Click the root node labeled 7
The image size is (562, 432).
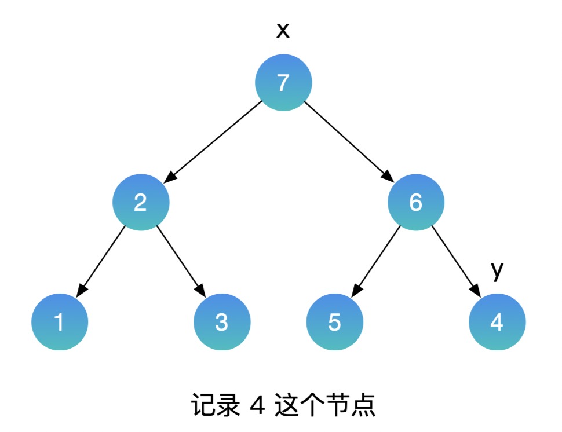[x=283, y=83]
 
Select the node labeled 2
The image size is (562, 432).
[x=141, y=203]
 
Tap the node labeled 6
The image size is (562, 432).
[x=416, y=203]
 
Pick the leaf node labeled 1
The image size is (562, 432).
[x=60, y=322]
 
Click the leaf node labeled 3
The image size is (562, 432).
[x=222, y=322]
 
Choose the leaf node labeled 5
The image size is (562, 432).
[x=335, y=322]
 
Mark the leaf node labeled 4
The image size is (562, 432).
[x=497, y=322]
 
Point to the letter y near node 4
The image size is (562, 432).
[x=497, y=270]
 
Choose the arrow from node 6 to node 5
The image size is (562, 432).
[x=376, y=261]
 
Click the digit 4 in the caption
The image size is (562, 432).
[x=256, y=406]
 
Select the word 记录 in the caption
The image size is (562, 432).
[x=214, y=406]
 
